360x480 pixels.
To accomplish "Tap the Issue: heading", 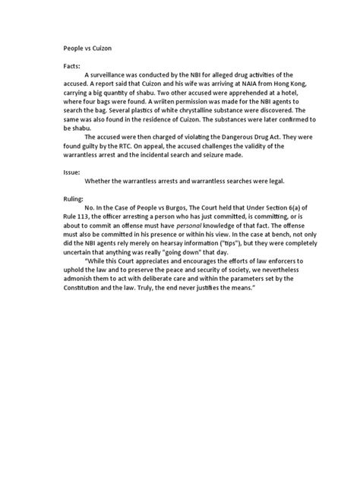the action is [71, 172].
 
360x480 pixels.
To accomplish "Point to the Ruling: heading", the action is [74, 197].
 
